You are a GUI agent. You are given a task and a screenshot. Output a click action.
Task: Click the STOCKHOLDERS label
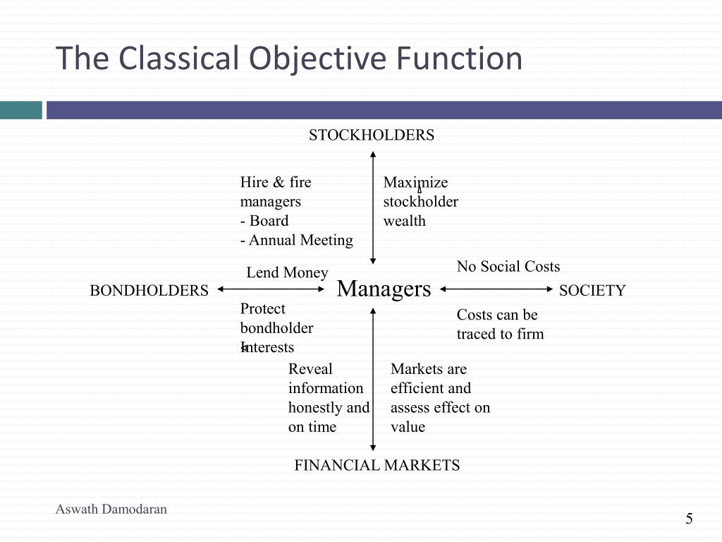372,135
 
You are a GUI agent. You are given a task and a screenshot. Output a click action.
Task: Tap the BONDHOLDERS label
149,291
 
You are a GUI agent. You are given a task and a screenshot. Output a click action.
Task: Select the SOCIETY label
592,291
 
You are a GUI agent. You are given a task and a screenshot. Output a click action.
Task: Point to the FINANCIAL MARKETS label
377,465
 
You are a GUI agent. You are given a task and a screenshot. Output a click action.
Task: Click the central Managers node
384,289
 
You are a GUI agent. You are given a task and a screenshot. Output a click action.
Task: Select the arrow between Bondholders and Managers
271,289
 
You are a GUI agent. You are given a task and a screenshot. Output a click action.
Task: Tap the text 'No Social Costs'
508,267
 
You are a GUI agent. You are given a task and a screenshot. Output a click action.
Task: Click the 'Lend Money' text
287,272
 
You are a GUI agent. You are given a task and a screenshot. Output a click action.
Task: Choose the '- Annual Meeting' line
296,240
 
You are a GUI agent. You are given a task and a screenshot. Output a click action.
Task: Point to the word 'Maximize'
415,183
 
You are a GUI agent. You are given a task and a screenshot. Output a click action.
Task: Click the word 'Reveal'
310,369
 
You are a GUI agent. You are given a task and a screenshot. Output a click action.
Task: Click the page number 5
689,519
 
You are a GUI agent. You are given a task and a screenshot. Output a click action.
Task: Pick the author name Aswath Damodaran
111,509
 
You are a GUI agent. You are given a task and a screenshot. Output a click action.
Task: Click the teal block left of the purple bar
21,110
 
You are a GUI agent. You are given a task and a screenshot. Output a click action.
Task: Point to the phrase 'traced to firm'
500,334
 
